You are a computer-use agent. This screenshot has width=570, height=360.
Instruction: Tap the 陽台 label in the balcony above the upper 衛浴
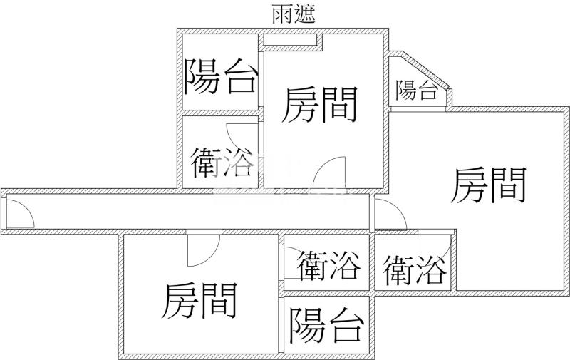[x=220, y=77]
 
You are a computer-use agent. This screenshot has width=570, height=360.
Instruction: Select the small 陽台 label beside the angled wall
[x=417, y=91]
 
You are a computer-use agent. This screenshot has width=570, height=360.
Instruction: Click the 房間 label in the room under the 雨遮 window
[x=319, y=105]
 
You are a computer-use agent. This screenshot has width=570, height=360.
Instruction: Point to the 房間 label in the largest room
[x=489, y=185]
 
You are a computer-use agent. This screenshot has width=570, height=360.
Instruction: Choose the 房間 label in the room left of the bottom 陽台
[x=199, y=299]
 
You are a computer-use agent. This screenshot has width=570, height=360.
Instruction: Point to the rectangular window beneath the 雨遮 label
[x=291, y=39]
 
